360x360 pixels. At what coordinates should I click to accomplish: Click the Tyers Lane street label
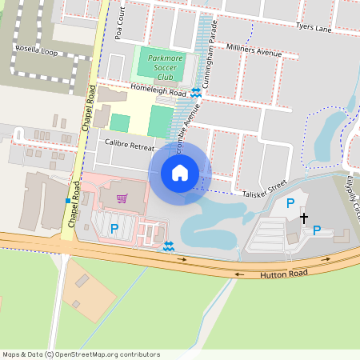(313, 28)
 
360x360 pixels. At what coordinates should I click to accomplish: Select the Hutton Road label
(284, 273)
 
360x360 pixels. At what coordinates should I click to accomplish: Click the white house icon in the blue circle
(180, 172)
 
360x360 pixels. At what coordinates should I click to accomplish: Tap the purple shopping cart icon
(122, 198)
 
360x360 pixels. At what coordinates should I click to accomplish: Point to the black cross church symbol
(303, 217)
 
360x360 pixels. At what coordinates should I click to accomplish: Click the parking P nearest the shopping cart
(114, 229)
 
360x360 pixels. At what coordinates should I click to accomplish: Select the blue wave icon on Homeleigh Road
(196, 92)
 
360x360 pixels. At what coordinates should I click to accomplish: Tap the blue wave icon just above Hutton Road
(168, 246)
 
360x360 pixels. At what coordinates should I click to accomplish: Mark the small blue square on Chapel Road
(67, 200)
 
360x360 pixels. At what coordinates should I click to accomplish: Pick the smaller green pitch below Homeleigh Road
(120, 122)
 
